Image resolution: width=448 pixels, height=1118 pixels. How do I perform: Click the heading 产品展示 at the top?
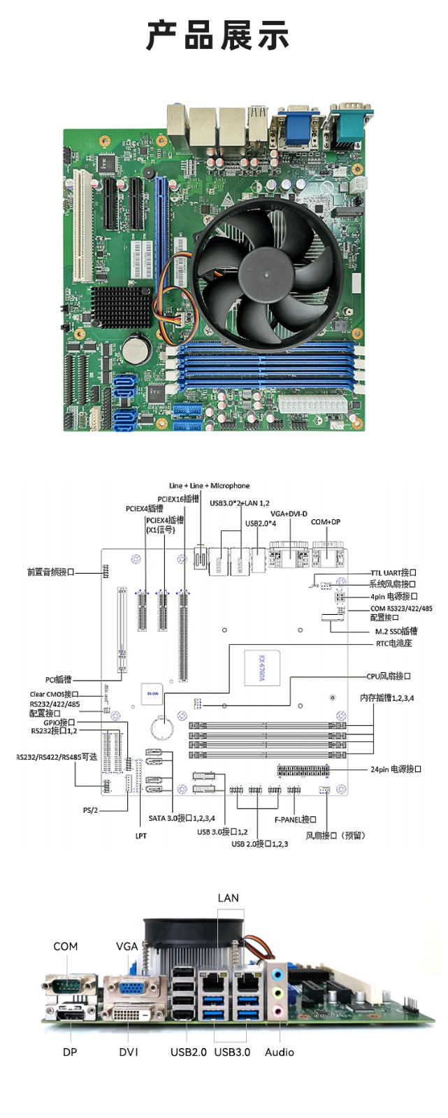tap(217, 36)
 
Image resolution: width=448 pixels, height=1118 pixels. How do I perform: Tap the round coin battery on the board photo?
tap(136, 348)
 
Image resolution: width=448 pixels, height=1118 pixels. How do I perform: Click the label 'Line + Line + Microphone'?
tap(209, 486)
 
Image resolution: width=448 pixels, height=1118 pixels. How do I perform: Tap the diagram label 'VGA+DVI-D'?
tap(289, 514)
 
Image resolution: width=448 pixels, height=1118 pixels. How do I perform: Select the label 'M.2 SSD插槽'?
tap(396, 631)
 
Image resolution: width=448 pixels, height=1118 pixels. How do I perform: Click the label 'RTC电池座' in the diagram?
tap(393, 643)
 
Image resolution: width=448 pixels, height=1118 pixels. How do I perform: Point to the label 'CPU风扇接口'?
tap(389, 676)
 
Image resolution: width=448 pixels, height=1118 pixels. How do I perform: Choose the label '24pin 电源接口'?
tap(396, 769)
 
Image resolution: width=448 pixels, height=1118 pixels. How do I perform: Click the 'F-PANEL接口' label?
tap(295, 820)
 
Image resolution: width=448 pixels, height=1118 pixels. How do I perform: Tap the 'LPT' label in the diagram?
tap(141, 836)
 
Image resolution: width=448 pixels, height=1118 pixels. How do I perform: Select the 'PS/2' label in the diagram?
tap(91, 811)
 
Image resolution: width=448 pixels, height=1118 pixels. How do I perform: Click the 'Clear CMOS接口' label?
tap(54, 695)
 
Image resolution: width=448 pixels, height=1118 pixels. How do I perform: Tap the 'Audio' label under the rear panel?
tap(279, 1052)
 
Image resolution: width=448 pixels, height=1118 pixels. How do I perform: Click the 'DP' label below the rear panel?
tap(70, 1052)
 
